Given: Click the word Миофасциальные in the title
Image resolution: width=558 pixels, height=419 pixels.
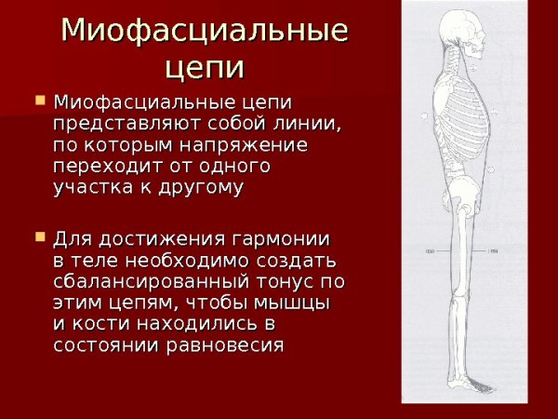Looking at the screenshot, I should pos(204,30).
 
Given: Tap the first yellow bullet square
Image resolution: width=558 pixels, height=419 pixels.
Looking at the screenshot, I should pos(39,98).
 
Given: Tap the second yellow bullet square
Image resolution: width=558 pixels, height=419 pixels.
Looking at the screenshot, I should pos(39,237).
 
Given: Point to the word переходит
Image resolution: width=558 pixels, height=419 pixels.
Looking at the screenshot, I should pos(101,168).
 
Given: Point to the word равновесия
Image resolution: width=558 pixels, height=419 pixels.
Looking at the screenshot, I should pos(232,345).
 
